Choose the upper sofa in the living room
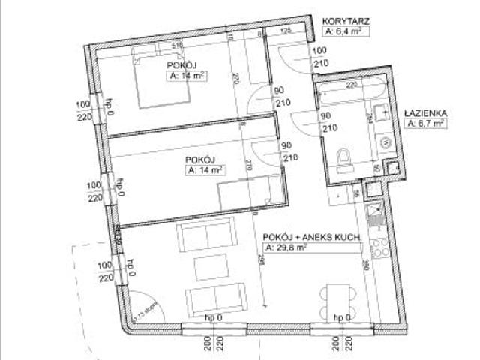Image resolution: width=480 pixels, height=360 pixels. click(202, 238)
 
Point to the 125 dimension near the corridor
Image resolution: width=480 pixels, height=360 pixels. click(285, 32)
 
